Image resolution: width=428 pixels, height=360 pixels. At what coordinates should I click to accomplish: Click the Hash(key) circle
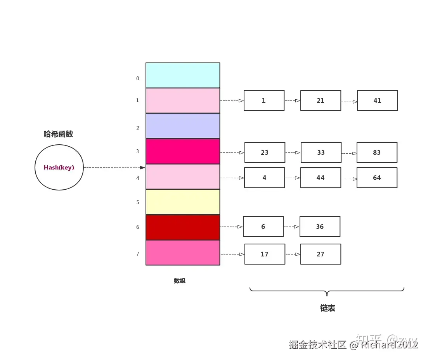tap(59, 168)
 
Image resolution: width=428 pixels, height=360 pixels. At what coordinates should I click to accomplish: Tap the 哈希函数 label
tap(58, 134)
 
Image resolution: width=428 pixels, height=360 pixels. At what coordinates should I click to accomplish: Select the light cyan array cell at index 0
tap(183, 75)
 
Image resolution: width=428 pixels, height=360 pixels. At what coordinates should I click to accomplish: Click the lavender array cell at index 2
tap(183, 126)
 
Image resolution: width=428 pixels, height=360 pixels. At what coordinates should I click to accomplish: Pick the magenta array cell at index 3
tap(183, 151)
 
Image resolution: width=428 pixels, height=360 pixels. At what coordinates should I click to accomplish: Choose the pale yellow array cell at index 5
tap(183, 202)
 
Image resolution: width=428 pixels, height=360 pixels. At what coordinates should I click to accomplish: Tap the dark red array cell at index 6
tap(183, 227)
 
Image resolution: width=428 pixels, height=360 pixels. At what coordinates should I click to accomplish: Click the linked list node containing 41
tap(377, 100)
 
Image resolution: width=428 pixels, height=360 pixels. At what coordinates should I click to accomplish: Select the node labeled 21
tap(321, 100)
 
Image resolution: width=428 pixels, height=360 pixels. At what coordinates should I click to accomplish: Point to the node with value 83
tap(377, 152)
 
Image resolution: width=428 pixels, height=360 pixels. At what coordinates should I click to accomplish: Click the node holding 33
tap(321, 152)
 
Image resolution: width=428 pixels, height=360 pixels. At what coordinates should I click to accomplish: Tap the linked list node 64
tap(377, 178)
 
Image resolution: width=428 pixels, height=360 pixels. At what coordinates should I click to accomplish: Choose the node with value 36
tap(320, 227)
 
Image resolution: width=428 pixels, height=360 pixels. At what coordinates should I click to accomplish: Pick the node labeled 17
tap(265, 254)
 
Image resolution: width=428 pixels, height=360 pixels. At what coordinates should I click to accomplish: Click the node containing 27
tap(321, 254)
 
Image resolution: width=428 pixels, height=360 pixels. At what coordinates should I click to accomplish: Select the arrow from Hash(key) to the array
tap(114, 168)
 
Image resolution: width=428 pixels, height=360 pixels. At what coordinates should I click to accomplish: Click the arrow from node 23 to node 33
tap(293, 152)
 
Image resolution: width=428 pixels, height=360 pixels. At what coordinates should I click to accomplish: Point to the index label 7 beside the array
tap(137, 254)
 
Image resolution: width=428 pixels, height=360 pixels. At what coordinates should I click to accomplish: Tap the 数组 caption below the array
tap(180, 281)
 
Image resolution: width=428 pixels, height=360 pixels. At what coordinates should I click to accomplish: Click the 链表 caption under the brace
tap(327, 308)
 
